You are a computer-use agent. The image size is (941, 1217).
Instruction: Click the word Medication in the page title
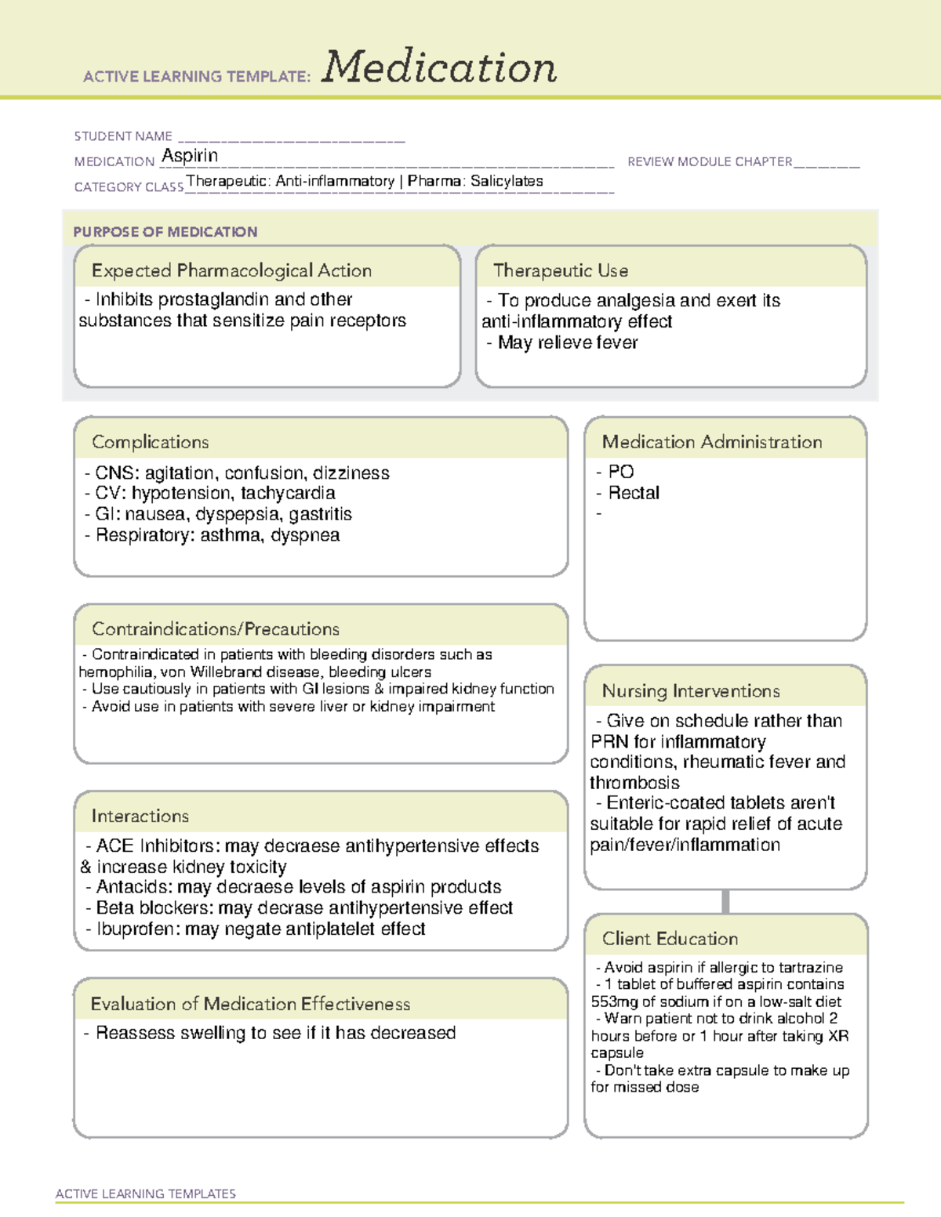(x=439, y=67)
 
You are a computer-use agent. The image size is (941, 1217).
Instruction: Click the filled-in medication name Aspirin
(x=190, y=156)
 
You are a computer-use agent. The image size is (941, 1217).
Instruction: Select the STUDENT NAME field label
(x=123, y=136)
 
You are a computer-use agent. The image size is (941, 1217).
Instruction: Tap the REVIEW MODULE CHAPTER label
(x=710, y=161)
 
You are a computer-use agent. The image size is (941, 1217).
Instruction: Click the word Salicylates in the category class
(x=507, y=181)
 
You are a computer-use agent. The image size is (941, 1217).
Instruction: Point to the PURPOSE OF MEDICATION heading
(x=165, y=232)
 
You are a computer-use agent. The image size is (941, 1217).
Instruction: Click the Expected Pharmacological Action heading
(x=231, y=270)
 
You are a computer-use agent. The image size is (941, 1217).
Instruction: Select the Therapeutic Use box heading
(x=561, y=270)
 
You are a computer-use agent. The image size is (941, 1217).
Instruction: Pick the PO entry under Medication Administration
(x=621, y=472)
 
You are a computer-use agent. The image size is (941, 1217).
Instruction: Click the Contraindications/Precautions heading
(x=216, y=629)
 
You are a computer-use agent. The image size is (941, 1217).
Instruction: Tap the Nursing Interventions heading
(x=691, y=691)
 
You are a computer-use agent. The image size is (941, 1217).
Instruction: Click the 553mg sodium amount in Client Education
(x=615, y=1001)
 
